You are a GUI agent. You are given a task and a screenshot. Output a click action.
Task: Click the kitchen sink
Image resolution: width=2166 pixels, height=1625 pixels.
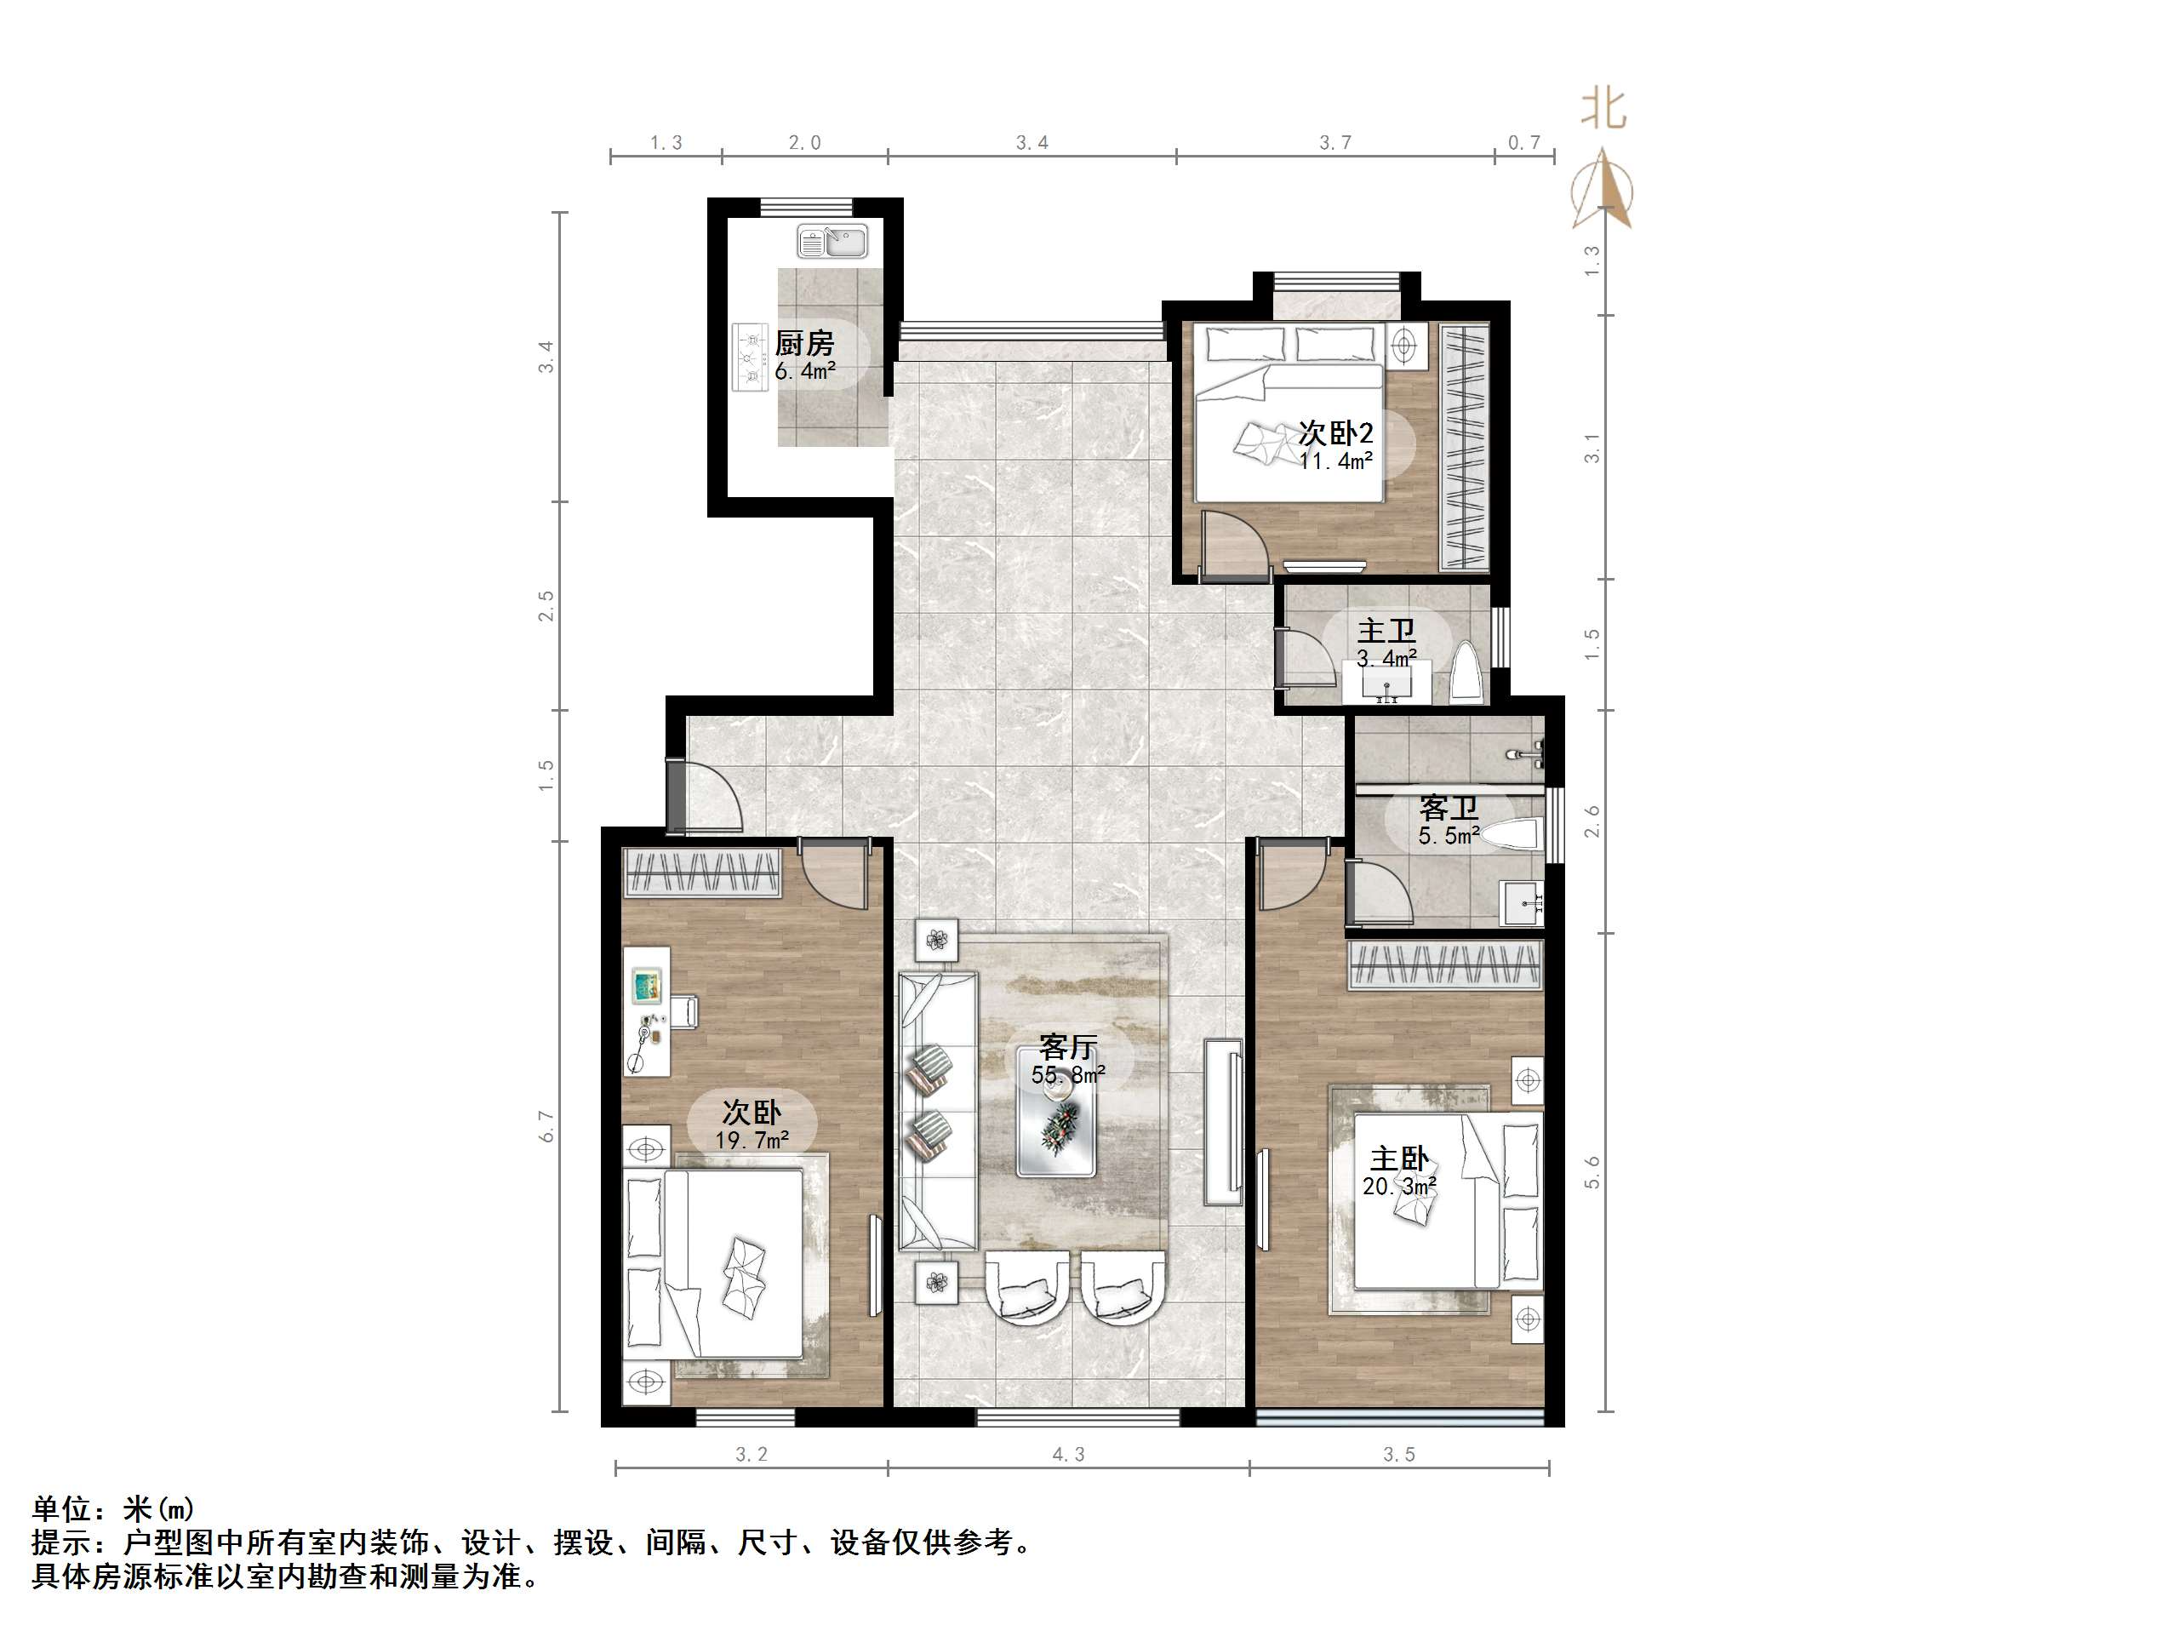click(832, 241)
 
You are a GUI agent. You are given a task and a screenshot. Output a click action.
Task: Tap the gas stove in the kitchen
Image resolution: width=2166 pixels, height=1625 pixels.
click(751, 358)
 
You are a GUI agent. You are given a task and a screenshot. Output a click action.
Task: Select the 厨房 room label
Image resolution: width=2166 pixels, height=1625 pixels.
click(804, 343)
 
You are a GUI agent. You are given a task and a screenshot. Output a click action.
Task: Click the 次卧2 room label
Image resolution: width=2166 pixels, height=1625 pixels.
click(1335, 433)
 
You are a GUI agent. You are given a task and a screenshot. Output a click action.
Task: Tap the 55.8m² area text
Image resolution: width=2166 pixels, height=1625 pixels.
click(1067, 1075)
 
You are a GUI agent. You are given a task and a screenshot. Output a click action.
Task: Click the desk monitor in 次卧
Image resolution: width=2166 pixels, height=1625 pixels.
click(645, 984)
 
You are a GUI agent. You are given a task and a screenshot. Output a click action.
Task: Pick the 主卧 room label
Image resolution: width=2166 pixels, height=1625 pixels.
click(1398, 1159)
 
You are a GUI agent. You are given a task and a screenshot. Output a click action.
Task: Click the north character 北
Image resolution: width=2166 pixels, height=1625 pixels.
click(1604, 109)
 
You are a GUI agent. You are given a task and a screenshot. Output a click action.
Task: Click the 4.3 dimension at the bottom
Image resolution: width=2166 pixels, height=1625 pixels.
click(1068, 1455)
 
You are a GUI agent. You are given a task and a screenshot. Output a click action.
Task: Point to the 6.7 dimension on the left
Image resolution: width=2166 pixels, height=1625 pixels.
click(547, 1126)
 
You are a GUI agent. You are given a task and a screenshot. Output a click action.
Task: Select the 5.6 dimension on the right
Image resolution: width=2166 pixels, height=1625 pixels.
click(1592, 1172)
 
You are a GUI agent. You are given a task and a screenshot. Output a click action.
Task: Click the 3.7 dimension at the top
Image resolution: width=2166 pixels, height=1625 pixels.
click(1334, 143)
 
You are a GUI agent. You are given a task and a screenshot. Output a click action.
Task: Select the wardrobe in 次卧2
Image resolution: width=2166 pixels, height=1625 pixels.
click(1465, 447)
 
